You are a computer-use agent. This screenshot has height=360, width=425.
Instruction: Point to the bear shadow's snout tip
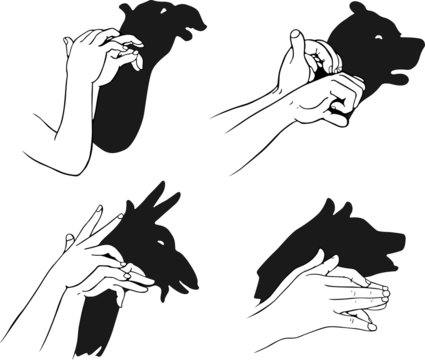coord(419,45)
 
